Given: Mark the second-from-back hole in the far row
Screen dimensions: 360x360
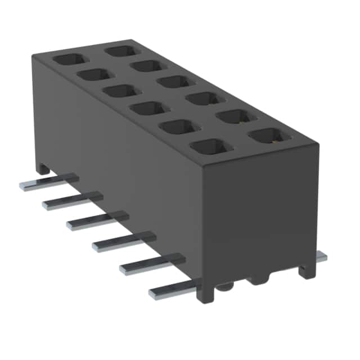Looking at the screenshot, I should coord(147,66).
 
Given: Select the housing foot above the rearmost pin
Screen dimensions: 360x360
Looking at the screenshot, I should coord(43,168).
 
